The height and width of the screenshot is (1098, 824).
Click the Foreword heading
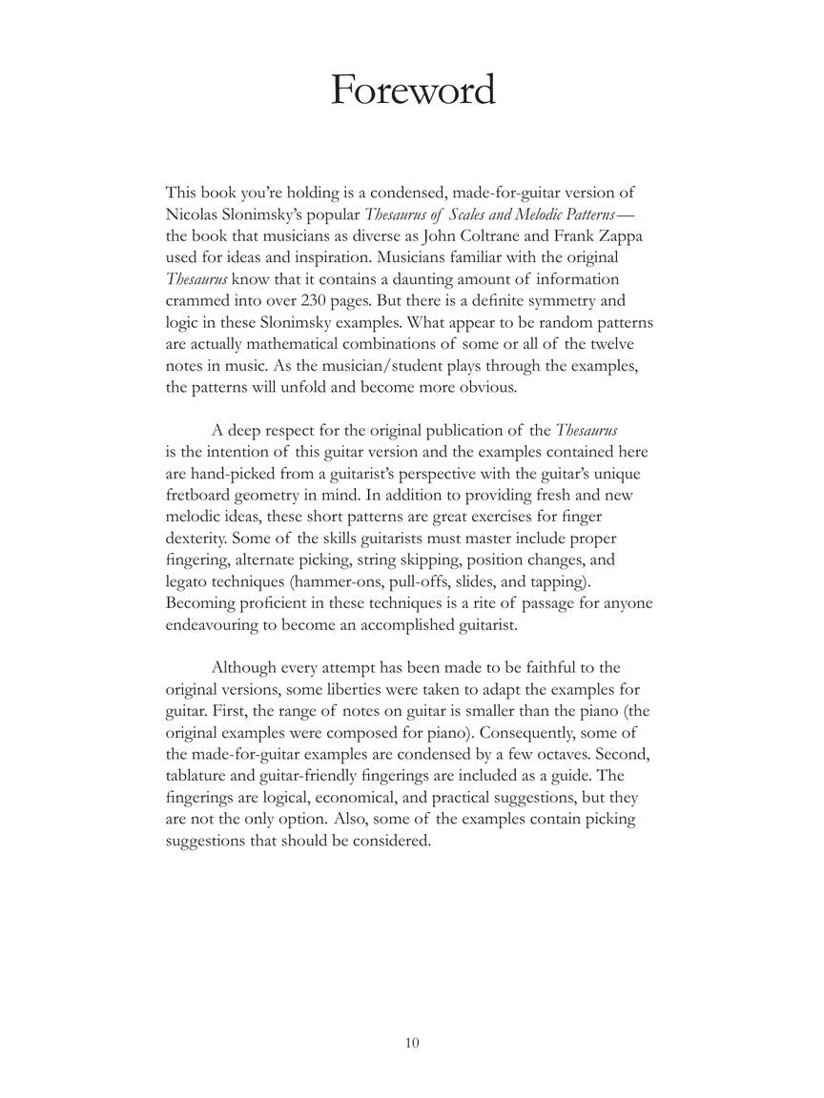(412, 91)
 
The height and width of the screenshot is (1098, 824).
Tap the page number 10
(412, 1043)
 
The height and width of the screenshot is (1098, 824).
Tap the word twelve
(626, 344)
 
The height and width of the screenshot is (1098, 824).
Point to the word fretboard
(202, 495)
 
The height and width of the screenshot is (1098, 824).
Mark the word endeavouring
(214, 624)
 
